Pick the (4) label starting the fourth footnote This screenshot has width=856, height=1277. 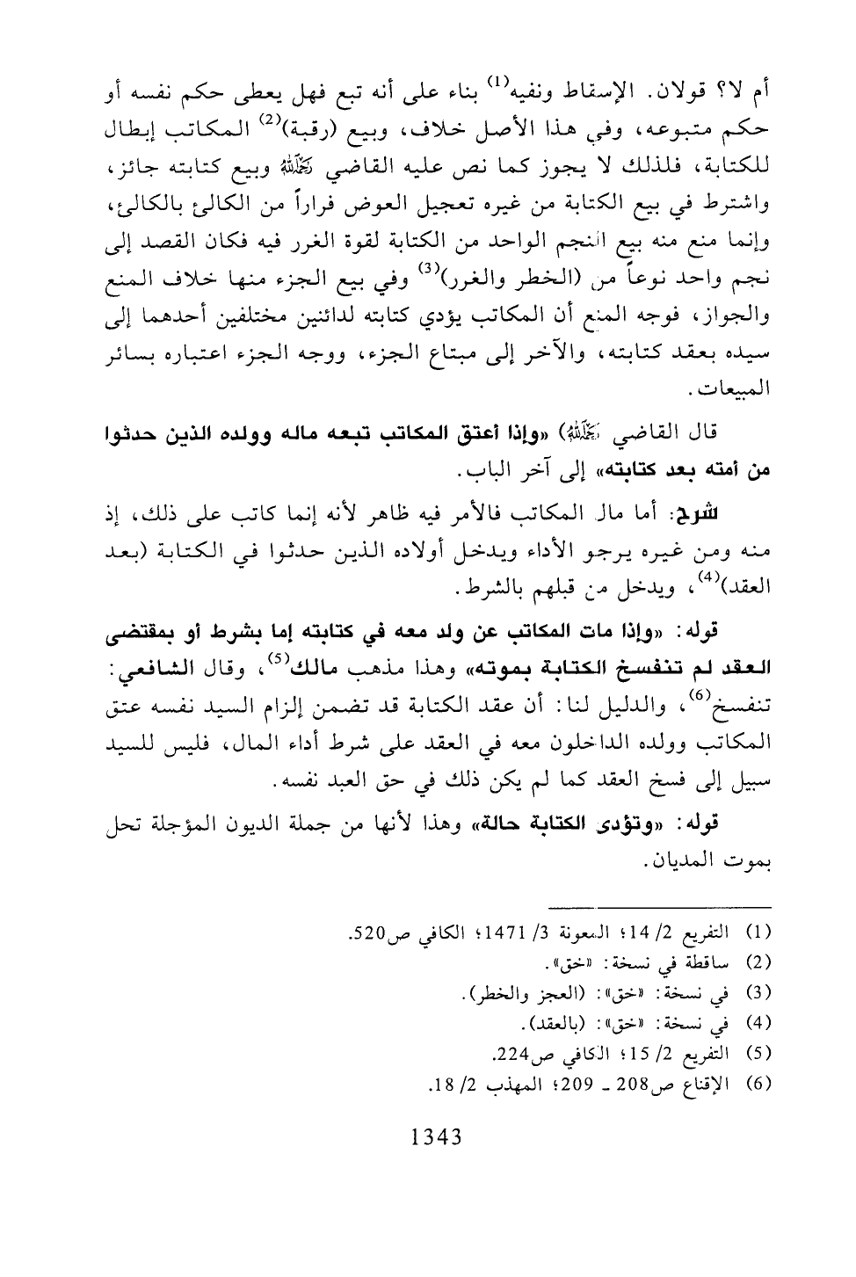point(757,1020)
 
